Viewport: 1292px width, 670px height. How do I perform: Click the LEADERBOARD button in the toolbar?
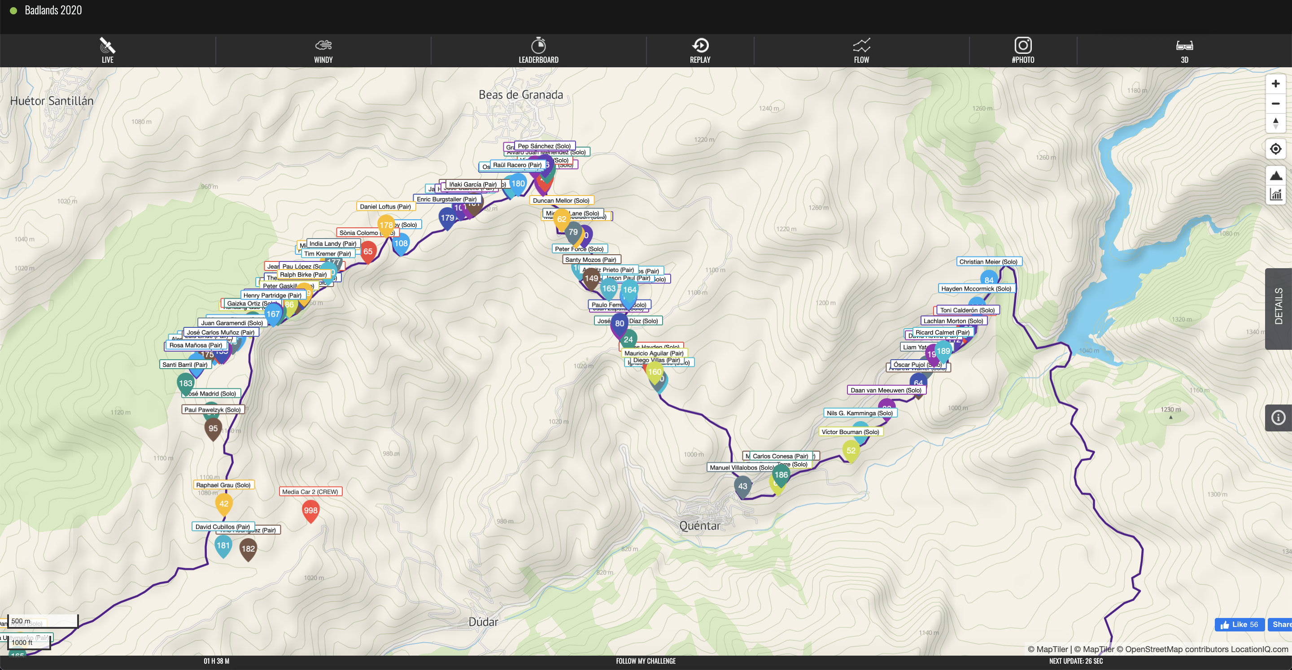click(538, 50)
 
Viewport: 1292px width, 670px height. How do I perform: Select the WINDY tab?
click(323, 50)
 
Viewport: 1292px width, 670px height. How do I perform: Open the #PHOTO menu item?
click(1023, 50)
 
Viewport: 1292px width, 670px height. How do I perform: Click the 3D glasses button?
click(1184, 50)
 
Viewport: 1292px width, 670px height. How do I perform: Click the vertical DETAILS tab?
click(1279, 306)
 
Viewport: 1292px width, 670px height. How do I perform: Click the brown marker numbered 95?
click(213, 429)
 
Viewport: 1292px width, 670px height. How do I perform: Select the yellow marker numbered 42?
click(224, 504)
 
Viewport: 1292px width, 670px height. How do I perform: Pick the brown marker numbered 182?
click(248, 548)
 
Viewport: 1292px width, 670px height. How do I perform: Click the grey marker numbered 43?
click(742, 487)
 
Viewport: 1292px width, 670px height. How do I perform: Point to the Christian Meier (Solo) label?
click(988, 262)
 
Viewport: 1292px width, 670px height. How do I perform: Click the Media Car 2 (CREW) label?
click(310, 492)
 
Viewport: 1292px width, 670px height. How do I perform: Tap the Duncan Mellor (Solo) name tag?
click(561, 200)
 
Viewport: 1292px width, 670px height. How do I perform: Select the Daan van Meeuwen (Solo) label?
click(886, 390)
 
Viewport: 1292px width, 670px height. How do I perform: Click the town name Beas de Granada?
click(520, 95)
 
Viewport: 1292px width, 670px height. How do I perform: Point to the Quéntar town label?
click(699, 526)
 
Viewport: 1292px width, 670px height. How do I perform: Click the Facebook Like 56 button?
click(1240, 624)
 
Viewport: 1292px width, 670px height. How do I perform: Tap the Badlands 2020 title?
click(53, 10)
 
